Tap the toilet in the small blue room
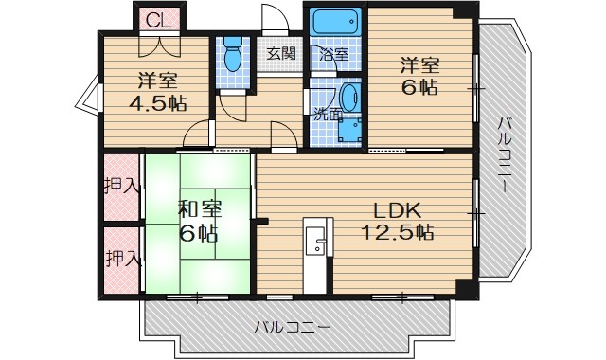[x=232, y=57]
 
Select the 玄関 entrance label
[x=279, y=54]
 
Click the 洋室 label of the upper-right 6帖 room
[x=418, y=65]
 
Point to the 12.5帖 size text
[x=396, y=232]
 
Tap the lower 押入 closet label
[x=122, y=257]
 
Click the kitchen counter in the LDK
[x=315, y=252]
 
